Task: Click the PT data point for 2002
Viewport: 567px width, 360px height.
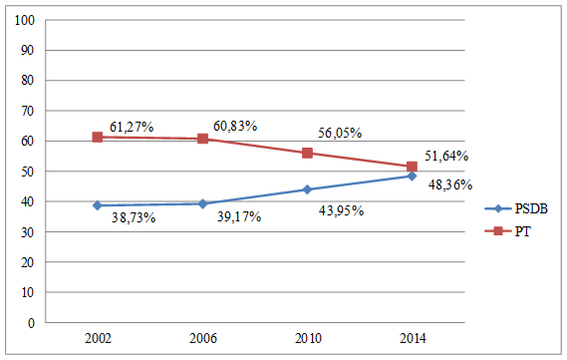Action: coord(98,137)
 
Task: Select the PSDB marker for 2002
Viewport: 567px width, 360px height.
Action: coord(98,205)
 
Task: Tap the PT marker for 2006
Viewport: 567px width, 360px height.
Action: coord(202,139)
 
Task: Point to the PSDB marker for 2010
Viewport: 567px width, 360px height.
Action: coord(307,189)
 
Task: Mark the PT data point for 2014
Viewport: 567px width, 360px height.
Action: coord(412,167)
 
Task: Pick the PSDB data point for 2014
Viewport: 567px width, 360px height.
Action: coord(412,177)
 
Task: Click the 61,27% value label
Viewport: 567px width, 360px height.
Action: coord(131,127)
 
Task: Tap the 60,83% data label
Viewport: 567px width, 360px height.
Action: coord(235,126)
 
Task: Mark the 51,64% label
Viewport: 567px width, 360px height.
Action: coord(446,156)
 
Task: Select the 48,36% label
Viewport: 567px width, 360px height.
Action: coord(449,184)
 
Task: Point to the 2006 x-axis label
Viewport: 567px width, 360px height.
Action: coord(202,339)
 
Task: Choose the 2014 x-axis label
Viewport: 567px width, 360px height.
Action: coord(412,339)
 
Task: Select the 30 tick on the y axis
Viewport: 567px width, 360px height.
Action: coord(29,232)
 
